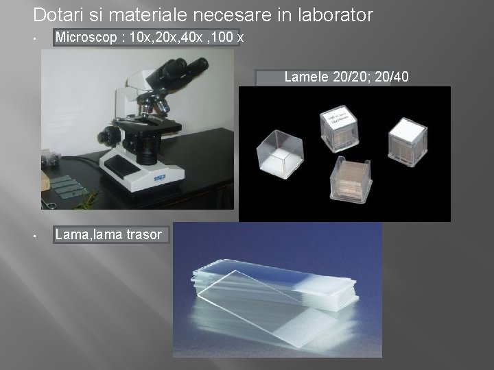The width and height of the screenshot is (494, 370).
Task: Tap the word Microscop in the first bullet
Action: [x=86, y=37]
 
